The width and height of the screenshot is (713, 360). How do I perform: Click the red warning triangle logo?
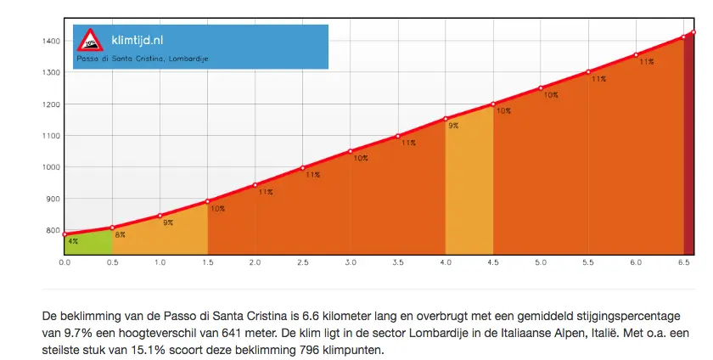click(89, 40)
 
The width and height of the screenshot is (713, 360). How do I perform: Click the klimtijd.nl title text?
click(138, 39)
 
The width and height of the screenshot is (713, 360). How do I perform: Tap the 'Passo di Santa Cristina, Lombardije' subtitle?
click(143, 59)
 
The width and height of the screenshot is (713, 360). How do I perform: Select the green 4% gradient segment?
click(88, 245)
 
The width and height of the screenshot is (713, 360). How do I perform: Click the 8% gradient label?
click(121, 235)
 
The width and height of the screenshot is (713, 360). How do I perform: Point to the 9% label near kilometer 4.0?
click(453, 126)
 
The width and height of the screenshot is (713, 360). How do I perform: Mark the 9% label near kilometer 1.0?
click(168, 222)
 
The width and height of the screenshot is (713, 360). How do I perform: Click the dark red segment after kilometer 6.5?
click(689, 144)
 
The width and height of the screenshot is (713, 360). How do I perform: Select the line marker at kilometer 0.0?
click(65, 233)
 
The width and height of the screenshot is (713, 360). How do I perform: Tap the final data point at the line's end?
click(693, 32)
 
